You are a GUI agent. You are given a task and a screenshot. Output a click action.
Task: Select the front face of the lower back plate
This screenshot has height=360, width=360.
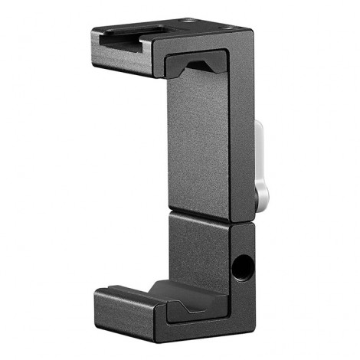point(198,245)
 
